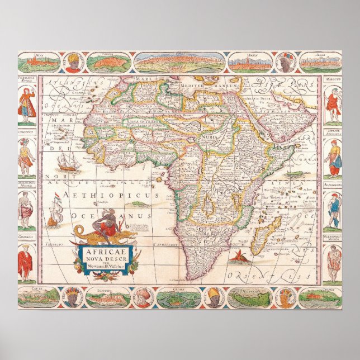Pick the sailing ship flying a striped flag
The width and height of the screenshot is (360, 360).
coord(56,210)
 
